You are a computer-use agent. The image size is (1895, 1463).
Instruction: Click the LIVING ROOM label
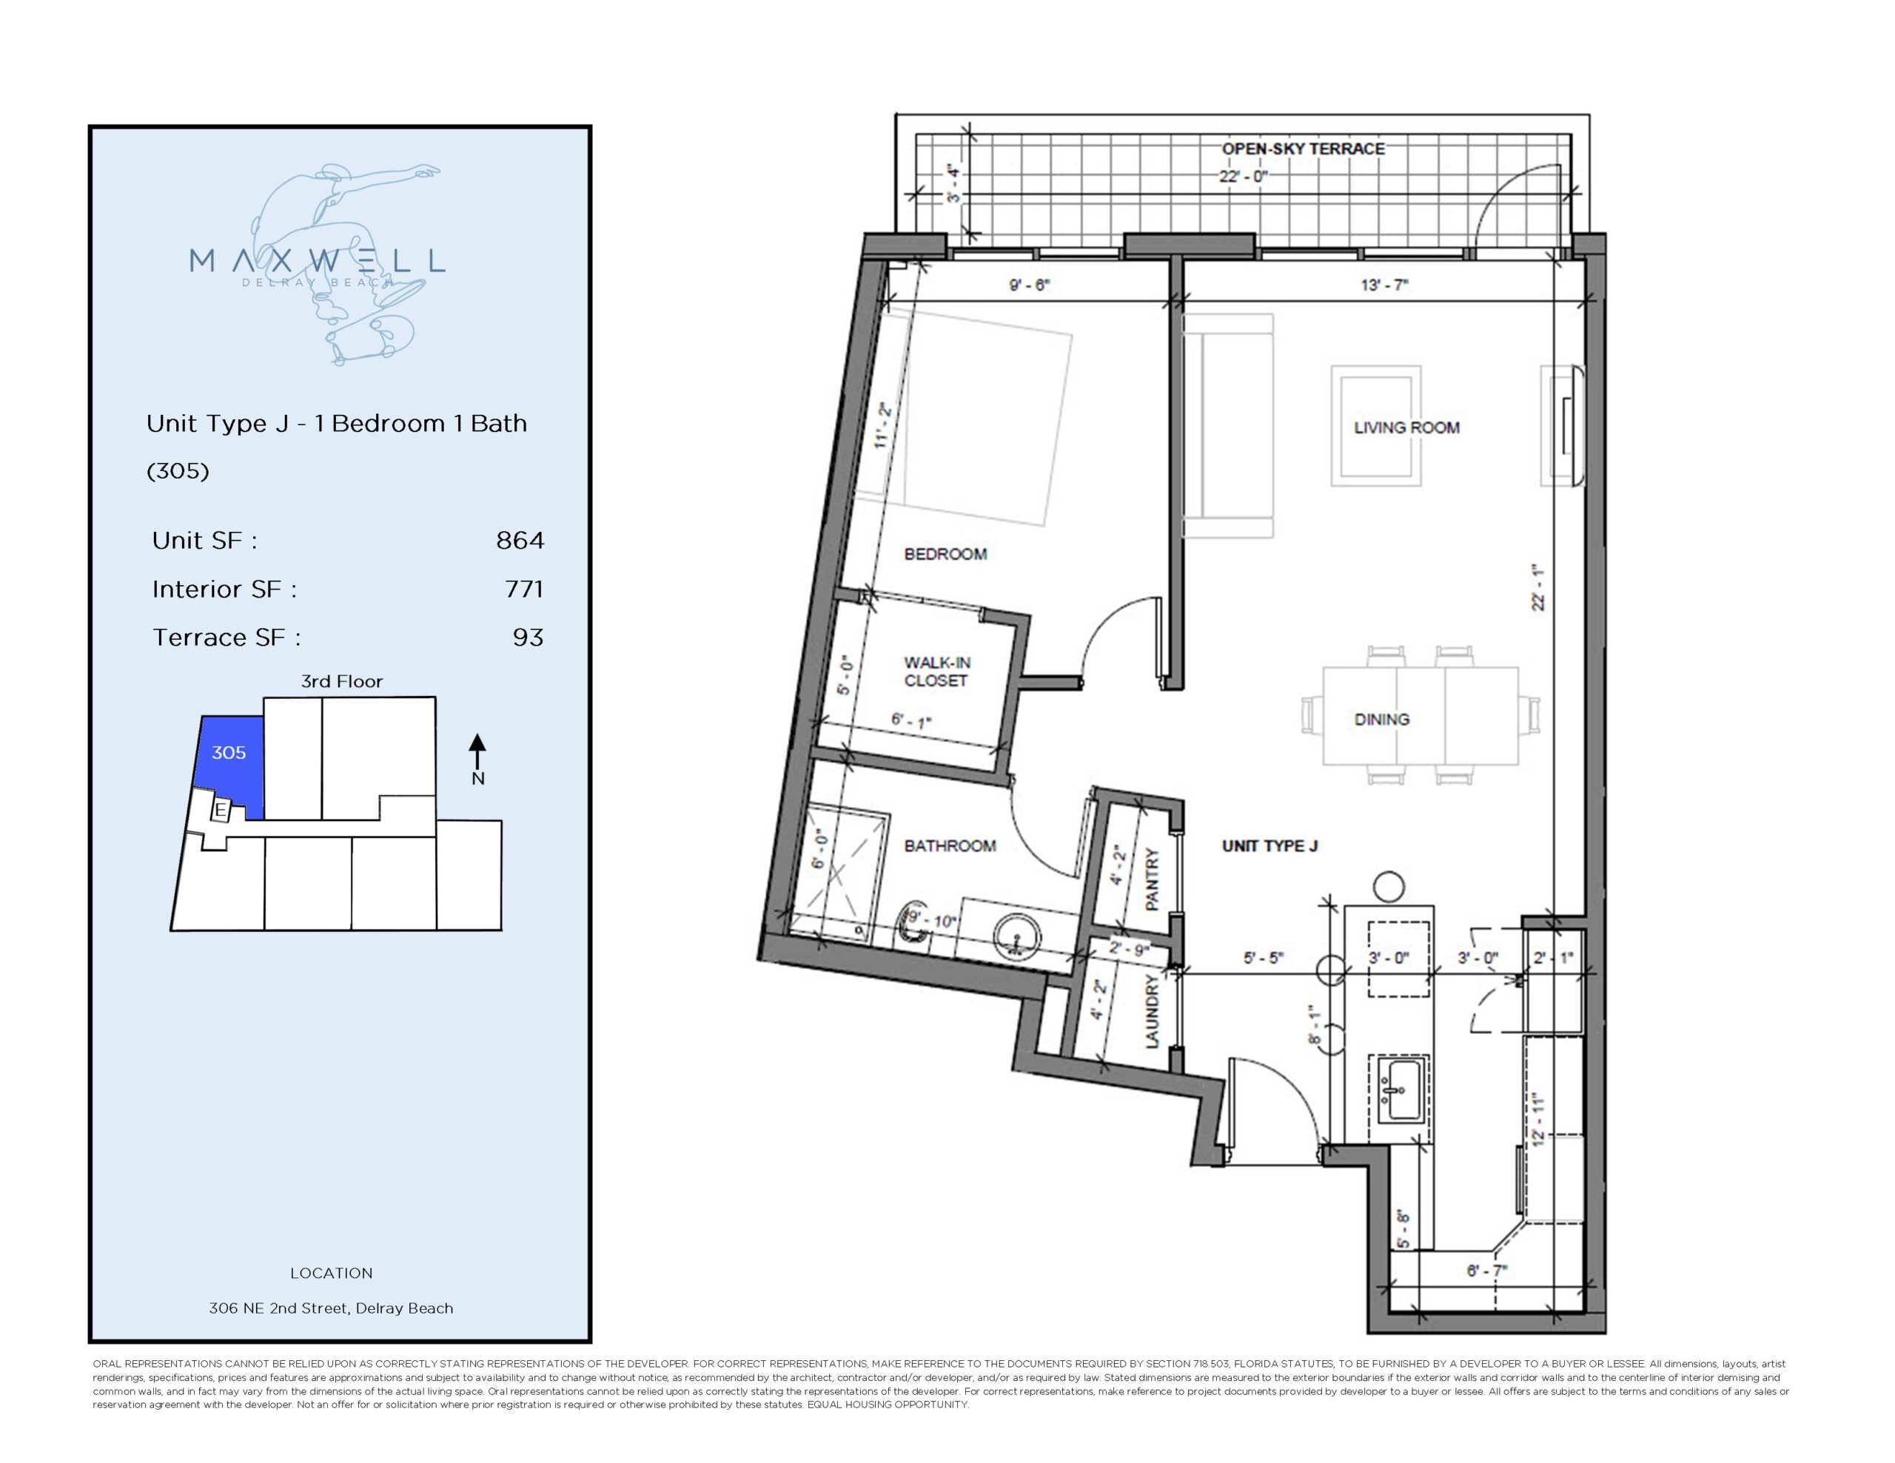(1406, 428)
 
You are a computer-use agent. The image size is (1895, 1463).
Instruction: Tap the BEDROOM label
(945, 554)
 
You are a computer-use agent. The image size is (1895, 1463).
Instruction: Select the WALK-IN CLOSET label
(936, 672)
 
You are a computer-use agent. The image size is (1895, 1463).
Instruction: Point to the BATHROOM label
(949, 845)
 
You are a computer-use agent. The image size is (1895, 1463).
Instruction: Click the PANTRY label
(1153, 879)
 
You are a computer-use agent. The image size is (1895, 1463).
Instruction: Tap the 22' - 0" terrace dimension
(1244, 176)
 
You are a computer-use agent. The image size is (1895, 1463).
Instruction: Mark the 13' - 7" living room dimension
(1384, 285)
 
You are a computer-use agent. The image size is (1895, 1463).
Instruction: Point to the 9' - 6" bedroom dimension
(1029, 285)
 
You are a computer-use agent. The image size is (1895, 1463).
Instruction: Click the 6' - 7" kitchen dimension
(1486, 1271)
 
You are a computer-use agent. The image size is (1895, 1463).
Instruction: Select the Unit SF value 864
(520, 540)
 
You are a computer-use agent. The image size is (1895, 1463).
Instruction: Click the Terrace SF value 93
(528, 638)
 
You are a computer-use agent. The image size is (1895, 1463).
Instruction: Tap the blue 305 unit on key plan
(229, 753)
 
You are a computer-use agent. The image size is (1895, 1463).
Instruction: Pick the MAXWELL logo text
(317, 260)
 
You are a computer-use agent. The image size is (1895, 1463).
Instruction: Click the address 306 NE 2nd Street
(331, 1308)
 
